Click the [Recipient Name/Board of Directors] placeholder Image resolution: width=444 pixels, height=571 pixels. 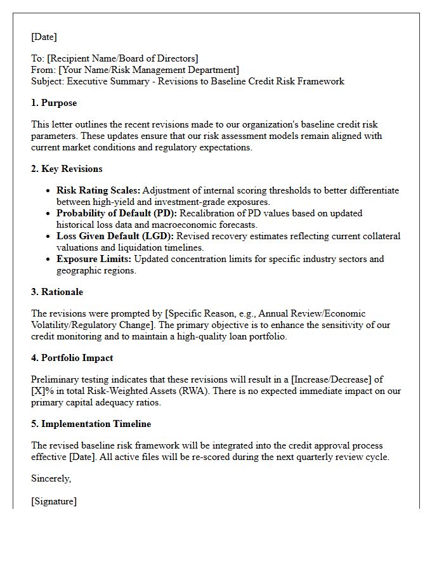pyautogui.click(x=122, y=58)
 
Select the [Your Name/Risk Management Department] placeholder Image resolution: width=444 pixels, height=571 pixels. pyautogui.click(x=147, y=70)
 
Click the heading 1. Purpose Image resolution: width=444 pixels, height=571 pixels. pyautogui.click(x=54, y=103)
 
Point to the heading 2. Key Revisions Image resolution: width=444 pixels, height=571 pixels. pyautogui.click(x=67, y=169)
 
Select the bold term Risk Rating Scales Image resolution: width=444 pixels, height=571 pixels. pyautogui.click(x=98, y=190)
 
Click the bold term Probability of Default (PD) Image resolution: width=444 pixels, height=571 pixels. pyautogui.click(x=117, y=213)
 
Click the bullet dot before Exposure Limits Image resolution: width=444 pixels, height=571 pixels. pyautogui.click(x=49, y=259)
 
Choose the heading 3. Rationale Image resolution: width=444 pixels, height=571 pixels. pyautogui.click(x=57, y=292)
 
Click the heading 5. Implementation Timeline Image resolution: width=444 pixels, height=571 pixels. pyautogui.click(x=91, y=424)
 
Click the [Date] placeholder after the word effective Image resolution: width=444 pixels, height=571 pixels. pyautogui.click(x=77, y=457)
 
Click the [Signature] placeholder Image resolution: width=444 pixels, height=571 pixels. pyautogui.click(x=54, y=501)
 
